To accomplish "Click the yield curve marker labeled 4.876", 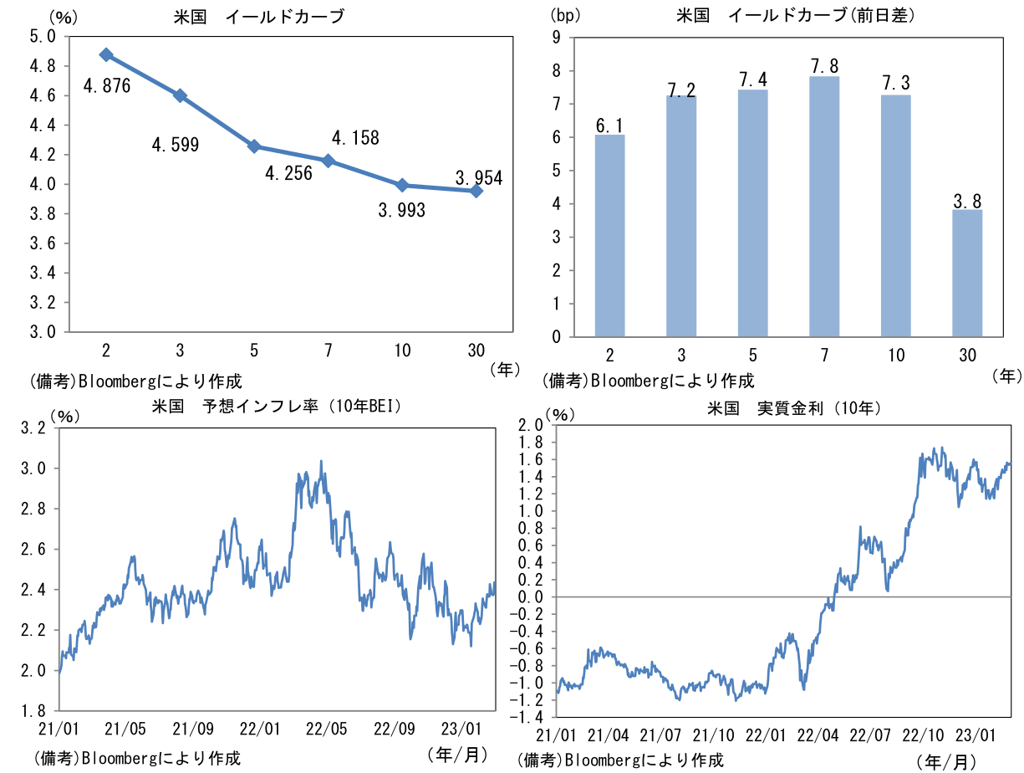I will tap(106, 54).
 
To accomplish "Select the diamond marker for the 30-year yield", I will tap(476, 191).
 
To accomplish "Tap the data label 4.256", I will tap(288, 173).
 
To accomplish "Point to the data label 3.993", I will tap(401, 211).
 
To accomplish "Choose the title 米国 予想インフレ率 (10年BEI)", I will tap(277, 407).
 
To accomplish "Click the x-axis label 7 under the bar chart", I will tap(825, 356).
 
